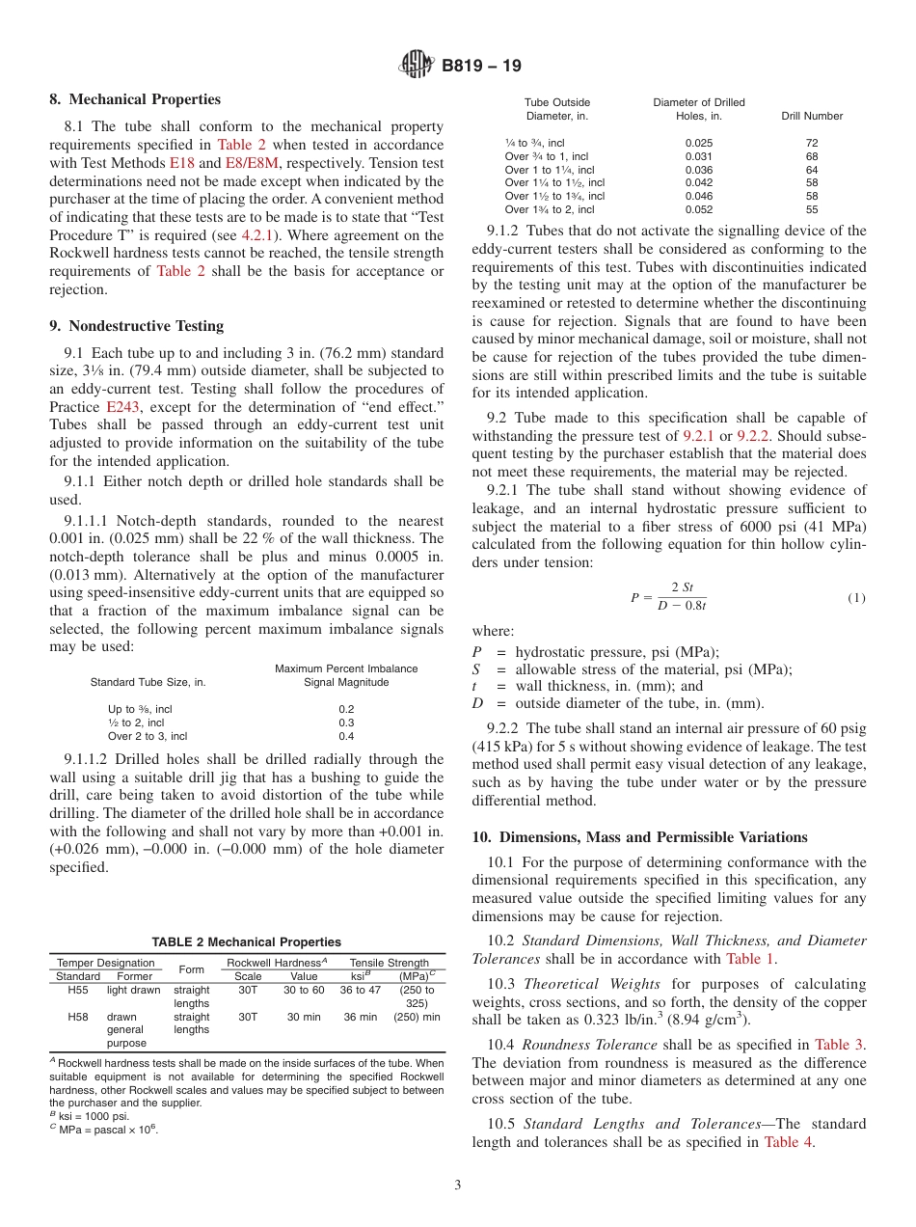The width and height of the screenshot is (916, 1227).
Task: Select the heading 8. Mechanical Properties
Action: coord(135,99)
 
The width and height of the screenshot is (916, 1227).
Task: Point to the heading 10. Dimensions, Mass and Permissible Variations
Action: coord(639,837)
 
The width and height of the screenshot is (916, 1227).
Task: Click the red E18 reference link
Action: coord(181,163)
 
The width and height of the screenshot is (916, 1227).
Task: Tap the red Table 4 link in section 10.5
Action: coord(788,1142)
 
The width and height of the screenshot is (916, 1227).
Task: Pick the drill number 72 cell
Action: coord(811,143)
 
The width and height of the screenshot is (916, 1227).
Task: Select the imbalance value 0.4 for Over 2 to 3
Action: coord(346,736)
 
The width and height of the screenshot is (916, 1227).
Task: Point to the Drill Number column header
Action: coord(811,116)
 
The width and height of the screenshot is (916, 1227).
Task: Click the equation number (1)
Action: coord(856,598)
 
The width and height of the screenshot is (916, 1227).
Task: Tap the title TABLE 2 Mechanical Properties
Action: coord(246,941)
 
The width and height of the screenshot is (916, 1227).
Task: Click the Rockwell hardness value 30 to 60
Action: coord(303,990)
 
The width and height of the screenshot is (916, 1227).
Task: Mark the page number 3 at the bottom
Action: coord(457,1186)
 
